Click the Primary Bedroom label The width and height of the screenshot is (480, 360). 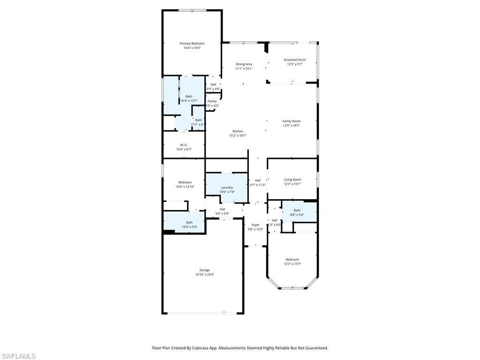point(192,44)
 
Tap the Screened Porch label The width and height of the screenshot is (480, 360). point(294,60)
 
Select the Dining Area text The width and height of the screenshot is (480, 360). point(244,64)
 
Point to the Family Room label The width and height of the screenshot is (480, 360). point(291,121)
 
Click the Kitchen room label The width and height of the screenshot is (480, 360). point(238,131)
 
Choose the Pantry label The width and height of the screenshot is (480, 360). point(212,101)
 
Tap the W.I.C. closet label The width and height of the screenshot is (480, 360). point(184,145)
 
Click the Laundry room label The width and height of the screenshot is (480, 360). point(227,187)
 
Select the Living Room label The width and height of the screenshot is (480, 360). point(292,180)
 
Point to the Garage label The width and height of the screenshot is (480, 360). point(204,270)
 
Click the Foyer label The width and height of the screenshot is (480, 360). point(255,225)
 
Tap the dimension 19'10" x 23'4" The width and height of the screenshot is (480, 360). point(204,275)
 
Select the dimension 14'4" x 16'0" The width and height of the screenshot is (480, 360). point(192,48)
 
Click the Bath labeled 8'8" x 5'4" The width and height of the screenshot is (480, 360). point(297,210)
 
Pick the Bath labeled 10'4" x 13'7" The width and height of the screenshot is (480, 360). point(189,97)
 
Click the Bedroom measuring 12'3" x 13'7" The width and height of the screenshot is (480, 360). point(292,259)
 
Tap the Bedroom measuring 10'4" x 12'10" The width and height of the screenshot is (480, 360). point(185,182)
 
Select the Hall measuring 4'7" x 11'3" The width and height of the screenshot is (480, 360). point(257,180)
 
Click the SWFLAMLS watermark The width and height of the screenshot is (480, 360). point(18,356)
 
